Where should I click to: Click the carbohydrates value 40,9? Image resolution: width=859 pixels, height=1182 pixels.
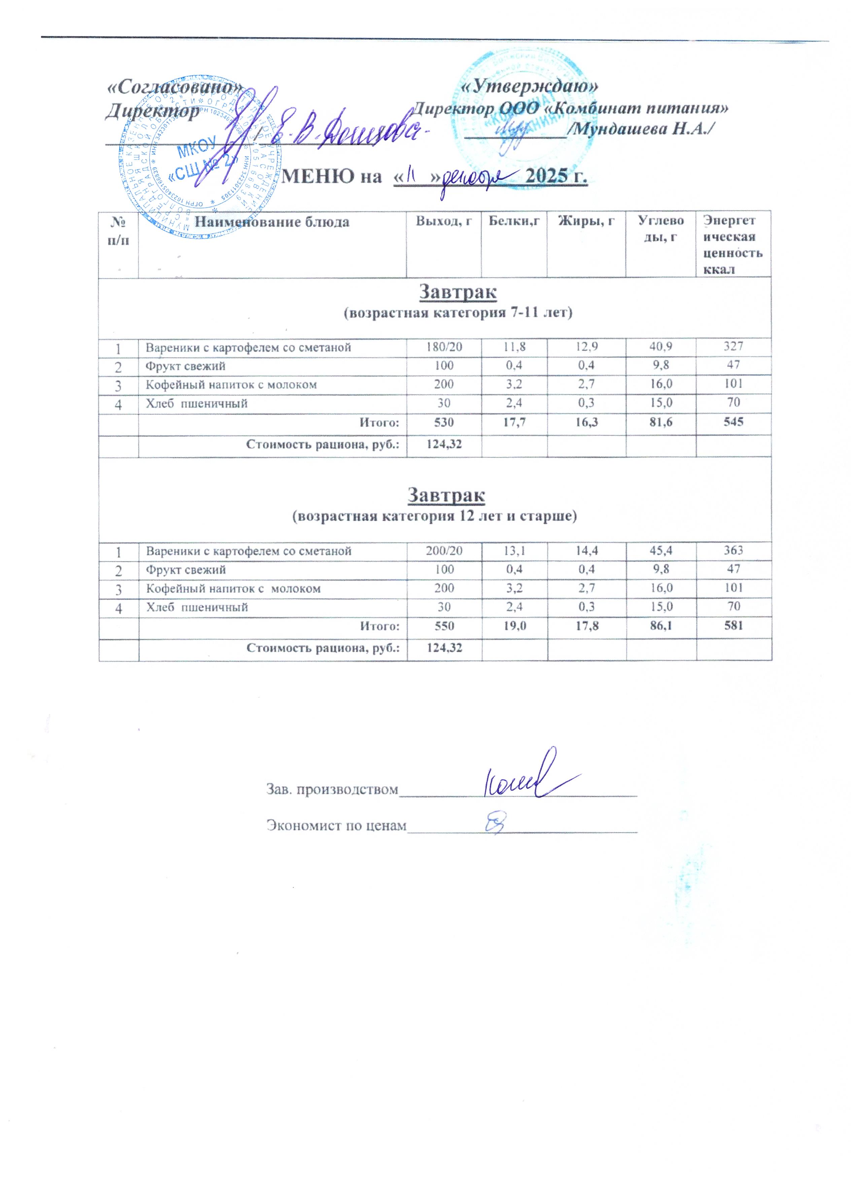click(660, 347)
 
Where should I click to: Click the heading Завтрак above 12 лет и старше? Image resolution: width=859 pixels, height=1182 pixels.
click(446, 495)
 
